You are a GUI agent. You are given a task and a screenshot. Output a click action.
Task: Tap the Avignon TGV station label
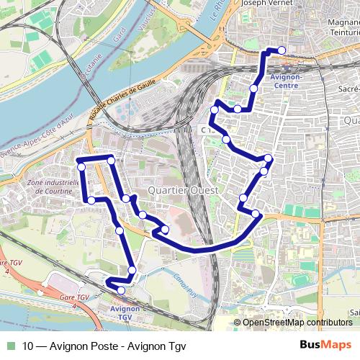coord(124,312)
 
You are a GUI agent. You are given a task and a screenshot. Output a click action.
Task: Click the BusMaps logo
coord(326,345)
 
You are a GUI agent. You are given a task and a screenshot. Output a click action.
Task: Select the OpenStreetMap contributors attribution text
coord(297,323)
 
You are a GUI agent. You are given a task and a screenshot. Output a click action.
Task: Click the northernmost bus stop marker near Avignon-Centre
coord(282,50)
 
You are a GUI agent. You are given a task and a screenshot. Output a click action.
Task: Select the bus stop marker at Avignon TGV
coord(121,290)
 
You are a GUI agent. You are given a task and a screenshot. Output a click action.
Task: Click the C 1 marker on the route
coord(207,128)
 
